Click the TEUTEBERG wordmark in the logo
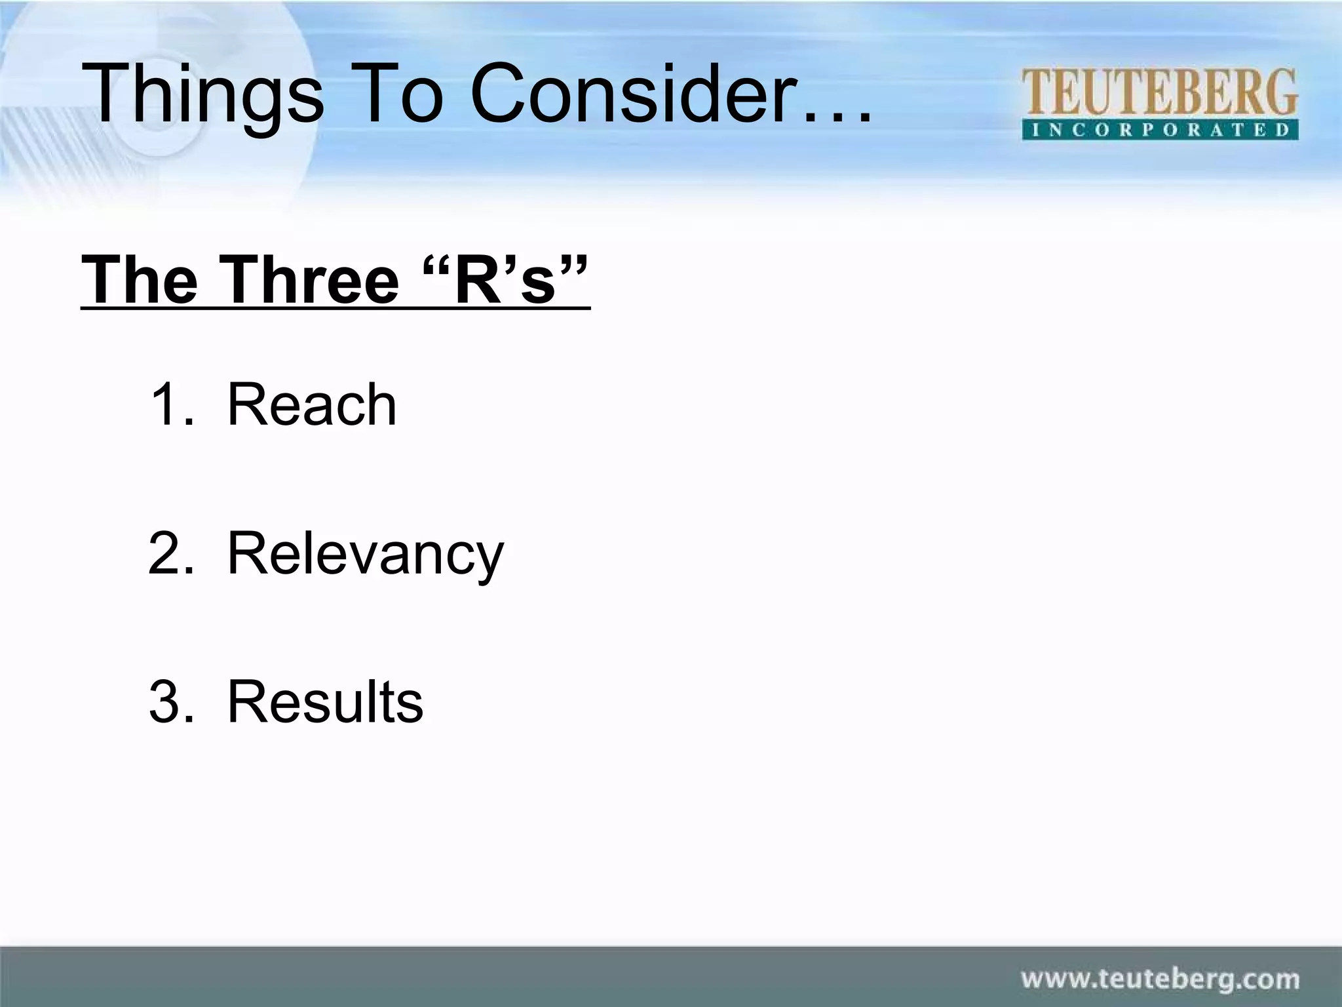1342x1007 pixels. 1159,92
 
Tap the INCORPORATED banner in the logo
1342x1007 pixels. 1159,129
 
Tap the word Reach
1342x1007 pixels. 311,405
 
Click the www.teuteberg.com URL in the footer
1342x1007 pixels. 1160,979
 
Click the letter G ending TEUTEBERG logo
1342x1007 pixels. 1281,92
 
